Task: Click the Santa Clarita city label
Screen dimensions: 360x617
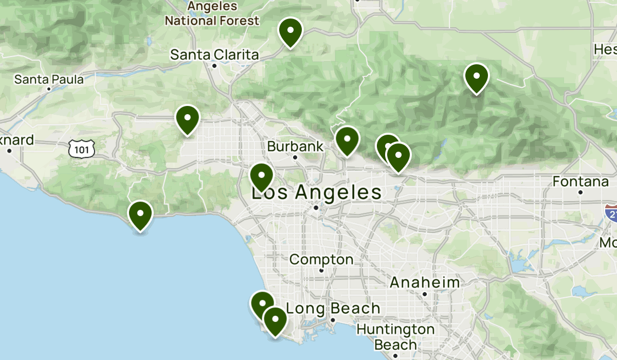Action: (x=214, y=54)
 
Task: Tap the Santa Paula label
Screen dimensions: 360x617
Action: (x=49, y=79)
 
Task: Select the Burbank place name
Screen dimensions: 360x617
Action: (x=295, y=147)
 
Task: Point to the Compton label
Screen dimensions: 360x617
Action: (x=321, y=260)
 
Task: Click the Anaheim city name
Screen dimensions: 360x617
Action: (x=425, y=282)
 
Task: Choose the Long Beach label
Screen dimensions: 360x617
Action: (x=333, y=309)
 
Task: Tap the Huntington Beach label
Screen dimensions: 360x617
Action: (x=395, y=336)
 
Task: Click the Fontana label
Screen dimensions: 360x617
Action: (x=580, y=182)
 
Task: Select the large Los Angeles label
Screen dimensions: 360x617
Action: (x=316, y=193)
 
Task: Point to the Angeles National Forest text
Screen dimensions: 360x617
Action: (x=212, y=14)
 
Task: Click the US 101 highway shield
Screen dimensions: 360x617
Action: (x=82, y=149)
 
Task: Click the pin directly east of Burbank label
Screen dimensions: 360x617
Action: (x=347, y=139)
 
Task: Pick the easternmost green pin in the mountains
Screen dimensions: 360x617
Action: (x=477, y=77)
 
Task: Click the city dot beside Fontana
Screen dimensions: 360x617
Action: (x=580, y=192)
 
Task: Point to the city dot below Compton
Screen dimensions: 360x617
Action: (x=321, y=271)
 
